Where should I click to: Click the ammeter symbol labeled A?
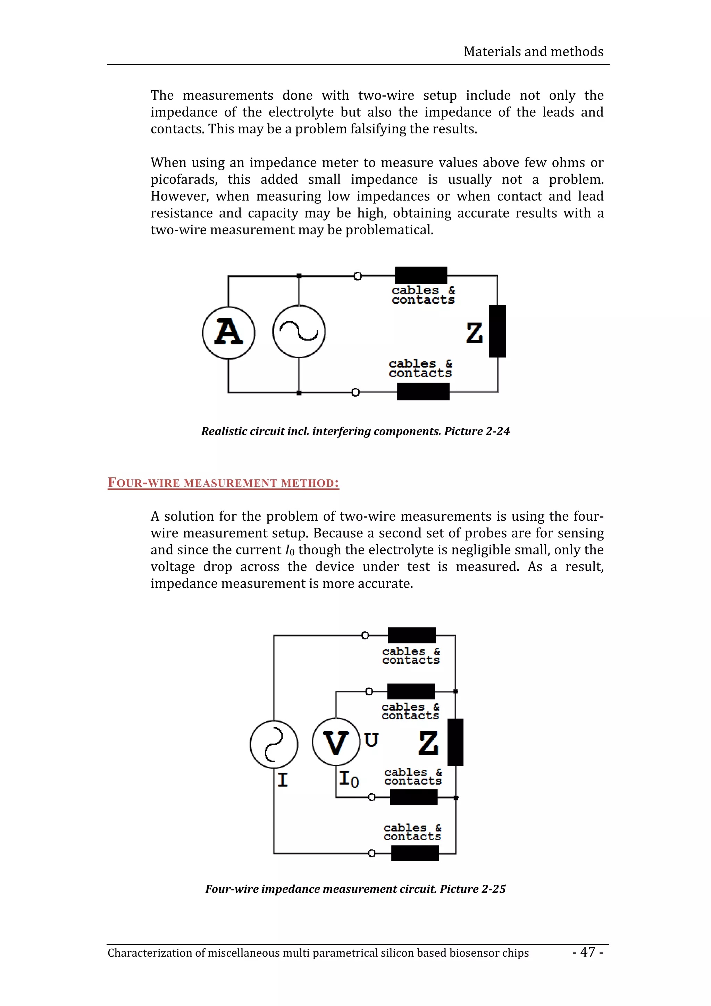pyautogui.click(x=228, y=333)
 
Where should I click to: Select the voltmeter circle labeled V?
pyautogui.click(x=336, y=742)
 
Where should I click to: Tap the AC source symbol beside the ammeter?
pyautogui.click(x=299, y=331)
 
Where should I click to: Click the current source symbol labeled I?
pyautogui.click(x=274, y=744)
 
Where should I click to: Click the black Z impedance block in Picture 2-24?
pyautogui.click(x=497, y=331)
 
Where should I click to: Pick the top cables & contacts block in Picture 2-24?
pyautogui.click(x=421, y=275)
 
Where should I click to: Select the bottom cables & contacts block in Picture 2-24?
pyautogui.click(x=423, y=391)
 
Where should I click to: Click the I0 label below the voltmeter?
pyautogui.click(x=349, y=779)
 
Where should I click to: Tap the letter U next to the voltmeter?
pyautogui.click(x=371, y=740)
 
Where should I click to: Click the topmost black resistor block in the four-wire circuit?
pyautogui.click(x=411, y=635)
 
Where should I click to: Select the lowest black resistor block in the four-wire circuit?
pyautogui.click(x=415, y=853)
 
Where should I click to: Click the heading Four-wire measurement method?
pyautogui.click(x=224, y=483)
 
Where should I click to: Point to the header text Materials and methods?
pyautogui.click(x=533, y=52)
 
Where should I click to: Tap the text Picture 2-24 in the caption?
pyautogui.click(x=477, y=431)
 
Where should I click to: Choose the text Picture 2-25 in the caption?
pyautogui.click(x=473, y=889)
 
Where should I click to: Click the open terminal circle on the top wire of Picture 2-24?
pyautogui.click(x=358, y=276)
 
